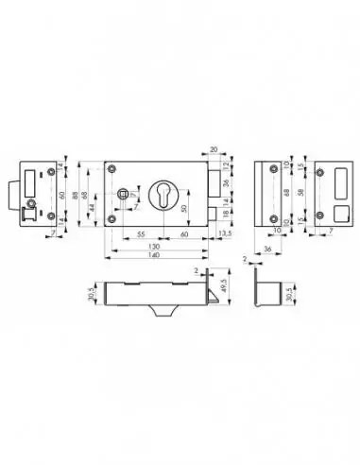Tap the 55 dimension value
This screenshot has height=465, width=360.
(139, 232)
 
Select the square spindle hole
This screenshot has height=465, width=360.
(123, 195)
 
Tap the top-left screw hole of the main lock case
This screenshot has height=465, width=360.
(113, 168)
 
